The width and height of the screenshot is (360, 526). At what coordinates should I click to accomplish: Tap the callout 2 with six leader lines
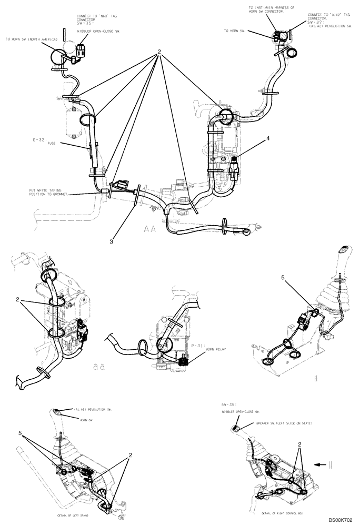pyautogui.click(x=157, y=53)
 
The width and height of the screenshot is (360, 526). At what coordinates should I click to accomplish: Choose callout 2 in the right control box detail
pyautogui.click(x=300, y=444)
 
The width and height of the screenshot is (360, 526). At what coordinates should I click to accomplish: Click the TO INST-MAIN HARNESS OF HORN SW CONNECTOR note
pyautogui.click(x=272, y=9)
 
